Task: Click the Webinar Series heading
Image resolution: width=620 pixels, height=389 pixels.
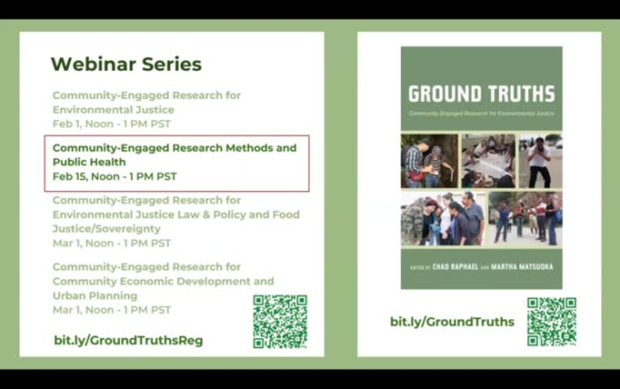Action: pyautogui.click(x=125, y=65)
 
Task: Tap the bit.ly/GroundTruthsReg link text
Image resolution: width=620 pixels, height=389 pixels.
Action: pyautogui.click(x=128, y=340)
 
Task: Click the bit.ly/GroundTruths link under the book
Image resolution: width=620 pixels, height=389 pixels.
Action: pyautogui.click(x=452, y=322)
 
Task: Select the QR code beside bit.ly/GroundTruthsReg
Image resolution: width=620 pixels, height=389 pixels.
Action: pyautogui.click(x=280, y=322)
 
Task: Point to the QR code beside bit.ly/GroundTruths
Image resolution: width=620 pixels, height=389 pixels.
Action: pyautogui.click(x=551, y=322)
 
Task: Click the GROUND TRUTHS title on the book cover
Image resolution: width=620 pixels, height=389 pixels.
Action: pyautogui.click(x=481, y=94)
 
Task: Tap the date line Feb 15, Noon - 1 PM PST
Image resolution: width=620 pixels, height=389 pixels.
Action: pyautogui.click(x=115, y=176)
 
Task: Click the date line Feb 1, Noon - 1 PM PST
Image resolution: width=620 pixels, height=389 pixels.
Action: pyautogui.click(x=111, y=124)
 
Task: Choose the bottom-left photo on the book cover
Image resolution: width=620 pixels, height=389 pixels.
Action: pyautogui.click(x=443, y=218)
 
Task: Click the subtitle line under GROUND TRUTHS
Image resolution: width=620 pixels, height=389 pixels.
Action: pyautogui.click(x=481, y=114)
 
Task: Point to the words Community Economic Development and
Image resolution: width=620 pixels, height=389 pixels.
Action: pyautogui.click(x=163, y=282)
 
